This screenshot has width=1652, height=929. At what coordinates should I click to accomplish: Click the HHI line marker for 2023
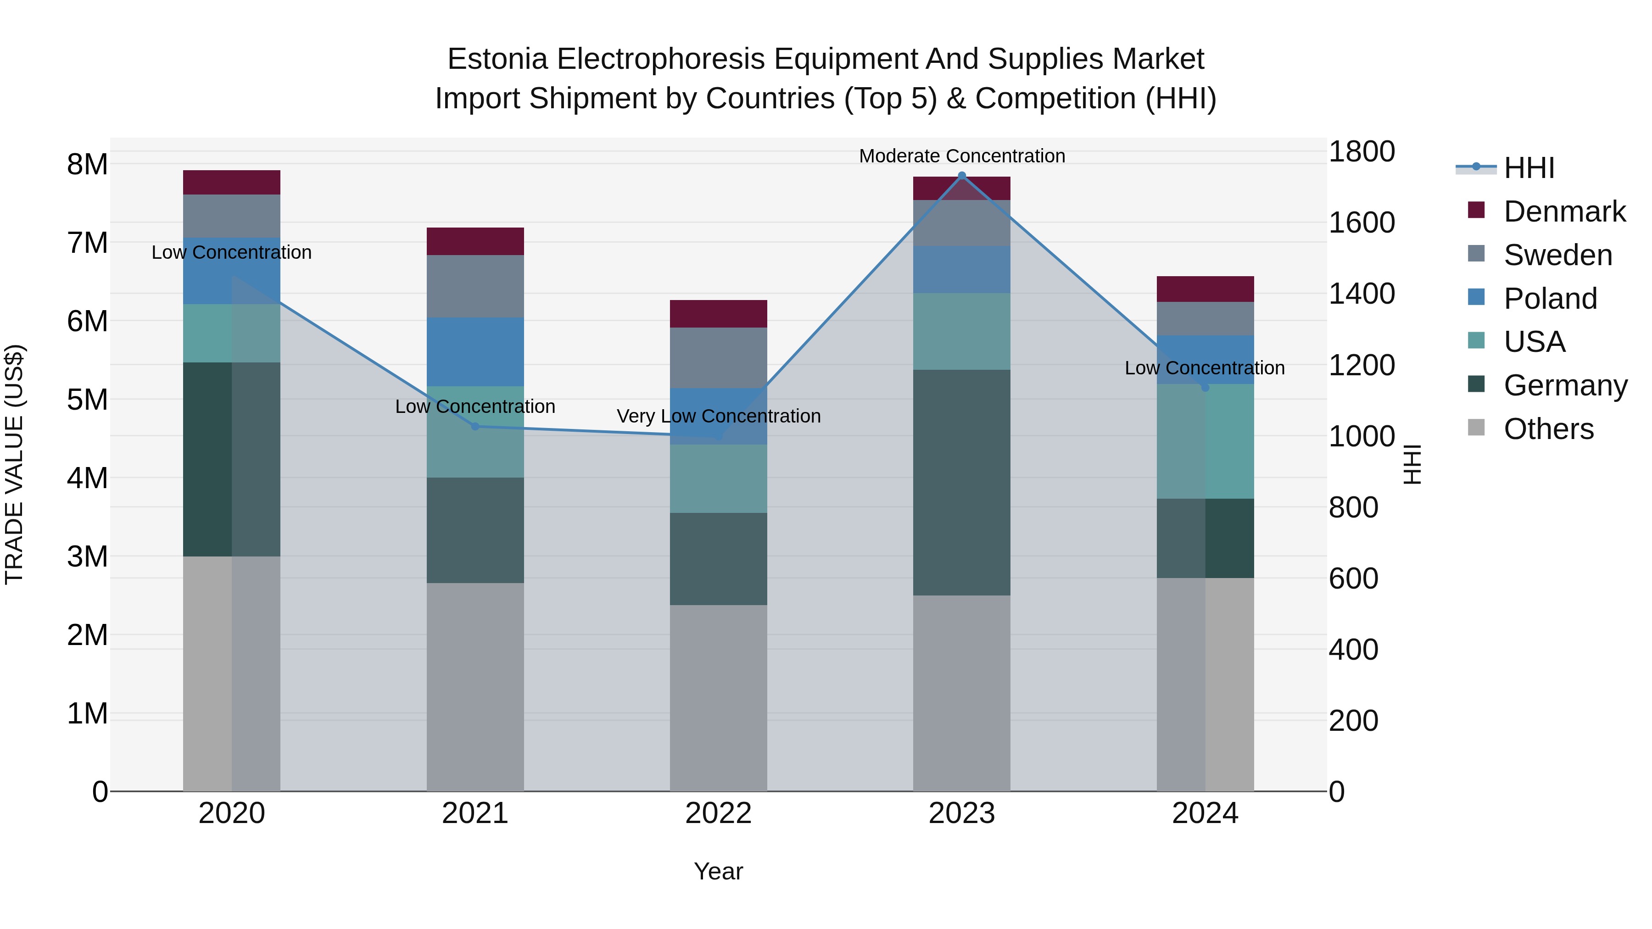(961, 176)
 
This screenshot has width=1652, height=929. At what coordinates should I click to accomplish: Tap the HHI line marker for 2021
(475, 426)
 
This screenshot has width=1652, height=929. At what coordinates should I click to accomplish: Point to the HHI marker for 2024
(1205, 387)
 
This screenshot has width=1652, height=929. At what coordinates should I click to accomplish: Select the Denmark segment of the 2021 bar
(475, 241)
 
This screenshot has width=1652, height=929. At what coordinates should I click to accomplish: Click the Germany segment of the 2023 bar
(961, 482)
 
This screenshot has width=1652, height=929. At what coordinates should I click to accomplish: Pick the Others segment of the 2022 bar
(718, 697)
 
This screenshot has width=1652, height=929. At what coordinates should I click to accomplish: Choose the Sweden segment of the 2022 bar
(718, 358)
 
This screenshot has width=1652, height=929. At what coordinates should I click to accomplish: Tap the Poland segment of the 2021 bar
(475, 351)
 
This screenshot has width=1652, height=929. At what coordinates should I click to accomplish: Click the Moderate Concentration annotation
(961, 156)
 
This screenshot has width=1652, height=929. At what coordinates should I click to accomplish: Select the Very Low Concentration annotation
(718, 416)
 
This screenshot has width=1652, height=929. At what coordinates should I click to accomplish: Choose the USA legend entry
(1534, 342)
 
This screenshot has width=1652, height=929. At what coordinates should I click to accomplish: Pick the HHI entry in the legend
(1529, 168)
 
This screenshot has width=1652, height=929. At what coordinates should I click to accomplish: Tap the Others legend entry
(1548, 429)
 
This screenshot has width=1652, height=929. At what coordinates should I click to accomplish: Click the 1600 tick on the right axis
(1361, 223)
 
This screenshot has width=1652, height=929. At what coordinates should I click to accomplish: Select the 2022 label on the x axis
(718, 813)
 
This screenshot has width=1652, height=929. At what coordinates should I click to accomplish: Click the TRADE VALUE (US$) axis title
(14, 464)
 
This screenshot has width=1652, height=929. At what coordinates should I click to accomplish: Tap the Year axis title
(718, 871)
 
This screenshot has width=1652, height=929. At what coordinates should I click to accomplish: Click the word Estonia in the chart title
(497, 59)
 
